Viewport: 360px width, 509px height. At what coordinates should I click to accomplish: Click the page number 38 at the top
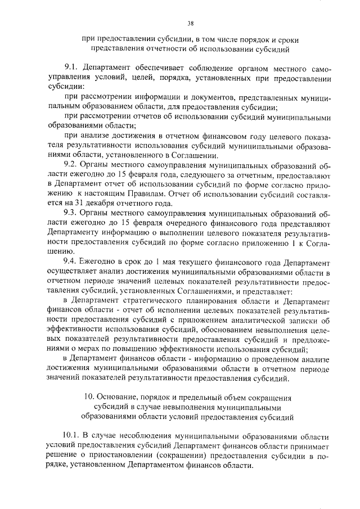click(190, 23)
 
